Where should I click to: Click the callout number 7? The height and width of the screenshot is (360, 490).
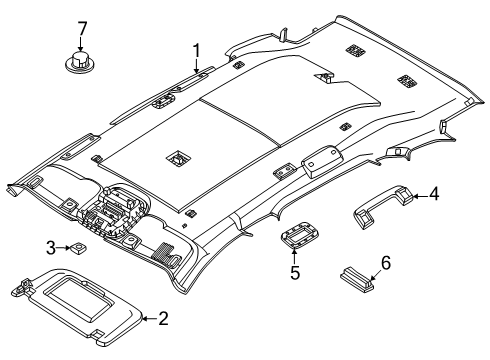tap(82, 29)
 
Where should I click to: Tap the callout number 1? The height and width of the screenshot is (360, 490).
tap(197, 51)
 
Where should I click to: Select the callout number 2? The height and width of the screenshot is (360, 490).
tap(163, 319)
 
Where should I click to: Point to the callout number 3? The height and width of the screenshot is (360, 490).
tap(51, 248)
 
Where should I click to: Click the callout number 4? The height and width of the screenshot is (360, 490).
tap(434, 194)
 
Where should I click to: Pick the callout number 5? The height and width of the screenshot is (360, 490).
tap(295, 272)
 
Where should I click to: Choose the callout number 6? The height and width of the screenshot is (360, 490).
tap(386, 263)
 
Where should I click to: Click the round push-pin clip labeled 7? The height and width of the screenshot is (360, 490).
tap(80, 62)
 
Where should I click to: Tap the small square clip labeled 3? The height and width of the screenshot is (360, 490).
tap(78, 247)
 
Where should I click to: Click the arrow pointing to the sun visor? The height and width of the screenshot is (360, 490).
tap(150, 319)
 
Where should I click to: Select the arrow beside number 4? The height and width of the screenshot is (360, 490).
tap(420, 196)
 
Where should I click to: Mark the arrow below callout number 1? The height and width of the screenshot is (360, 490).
tap(197, 66)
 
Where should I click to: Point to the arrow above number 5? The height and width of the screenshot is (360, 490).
tap(294, 257)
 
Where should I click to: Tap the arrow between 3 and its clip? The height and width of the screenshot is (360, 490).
tap(63, 248)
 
